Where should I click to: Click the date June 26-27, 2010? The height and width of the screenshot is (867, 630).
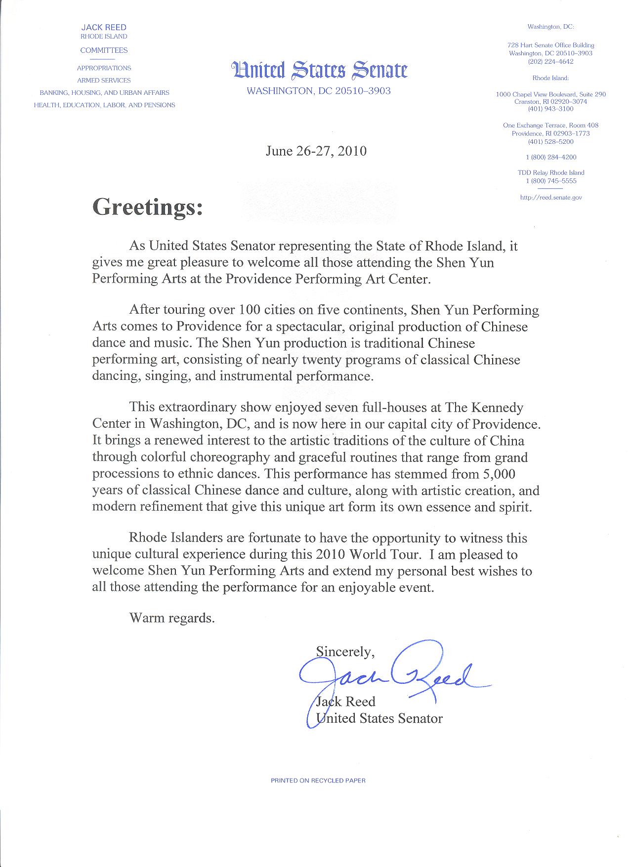pyautogui.click(x=316, y=151)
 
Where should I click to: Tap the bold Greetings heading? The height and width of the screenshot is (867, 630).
pyautogui.click(x=148, y=207)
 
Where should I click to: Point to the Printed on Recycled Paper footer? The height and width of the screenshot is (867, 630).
pyautogui.click(x=318, y=781)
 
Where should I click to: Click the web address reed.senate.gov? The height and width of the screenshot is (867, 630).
pyautogui.click(x=551, y=197)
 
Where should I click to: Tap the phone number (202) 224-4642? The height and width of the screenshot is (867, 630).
pyautogui.click(x=551, y=62)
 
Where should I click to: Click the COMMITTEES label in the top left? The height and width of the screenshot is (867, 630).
pyautogui.click(x=104, y=50)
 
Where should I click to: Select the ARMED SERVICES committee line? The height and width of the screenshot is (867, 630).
pyautogui.click(x=104, y=80)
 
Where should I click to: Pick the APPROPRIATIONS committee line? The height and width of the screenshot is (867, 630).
pyautogui.click(x=104, y=68)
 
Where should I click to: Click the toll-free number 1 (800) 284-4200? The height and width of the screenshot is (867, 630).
pyautogui.click(x=551, y=157)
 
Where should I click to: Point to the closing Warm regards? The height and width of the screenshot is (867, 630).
pyautogui.click(x=172, y=618)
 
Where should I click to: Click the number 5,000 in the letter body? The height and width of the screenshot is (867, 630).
pyautogui.click(x=497, y=474)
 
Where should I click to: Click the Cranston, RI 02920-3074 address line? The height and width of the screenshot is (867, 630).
pyautogui.click(x=551, y=101)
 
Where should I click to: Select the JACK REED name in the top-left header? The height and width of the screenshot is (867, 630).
pyautogui.click(x=104, y=28)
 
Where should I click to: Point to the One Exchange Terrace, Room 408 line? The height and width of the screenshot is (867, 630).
pyautogui.click(x=551, y=125)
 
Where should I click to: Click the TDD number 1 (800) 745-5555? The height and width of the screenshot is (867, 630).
pyautogui.click(x=551, y=181)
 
